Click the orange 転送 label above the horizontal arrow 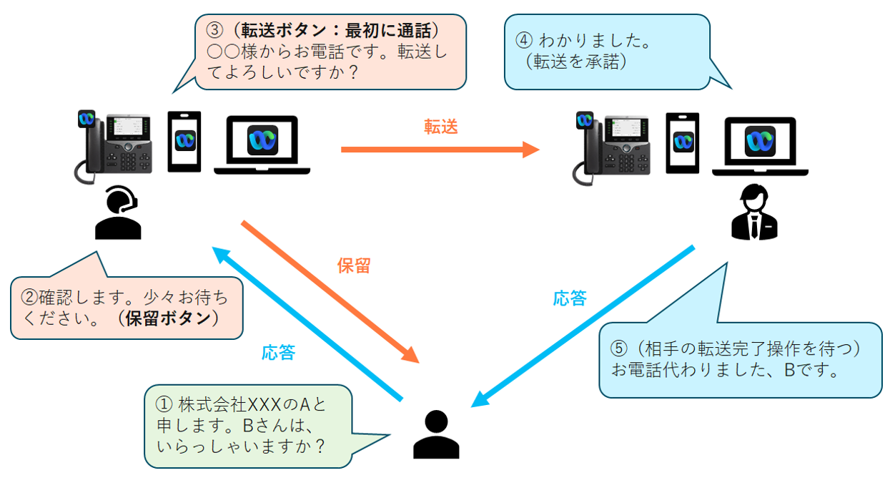(x=440, y=127)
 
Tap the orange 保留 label (x=354, y=265)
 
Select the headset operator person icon (x=118, y=213)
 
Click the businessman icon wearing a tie (x=754, y=212)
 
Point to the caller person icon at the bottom (x=436, y=434)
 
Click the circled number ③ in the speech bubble (x=214, y=30)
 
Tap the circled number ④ (x=524, y=40)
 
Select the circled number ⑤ (x=619, y=348)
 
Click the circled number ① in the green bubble (x=164, y=404)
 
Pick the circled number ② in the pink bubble (x=29, y=297)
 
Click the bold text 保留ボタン (x=168, y=318)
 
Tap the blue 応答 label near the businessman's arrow (x=570, y=298)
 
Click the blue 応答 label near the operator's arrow (x=279, y=352)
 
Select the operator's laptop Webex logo (x=262, y=140)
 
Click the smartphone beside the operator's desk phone (x=184, y=142)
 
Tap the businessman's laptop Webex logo (x=760, y=141)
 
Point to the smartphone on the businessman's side (x=683, y=143)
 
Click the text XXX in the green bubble (x=264, y=405)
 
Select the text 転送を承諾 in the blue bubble (x=575, y=62)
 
